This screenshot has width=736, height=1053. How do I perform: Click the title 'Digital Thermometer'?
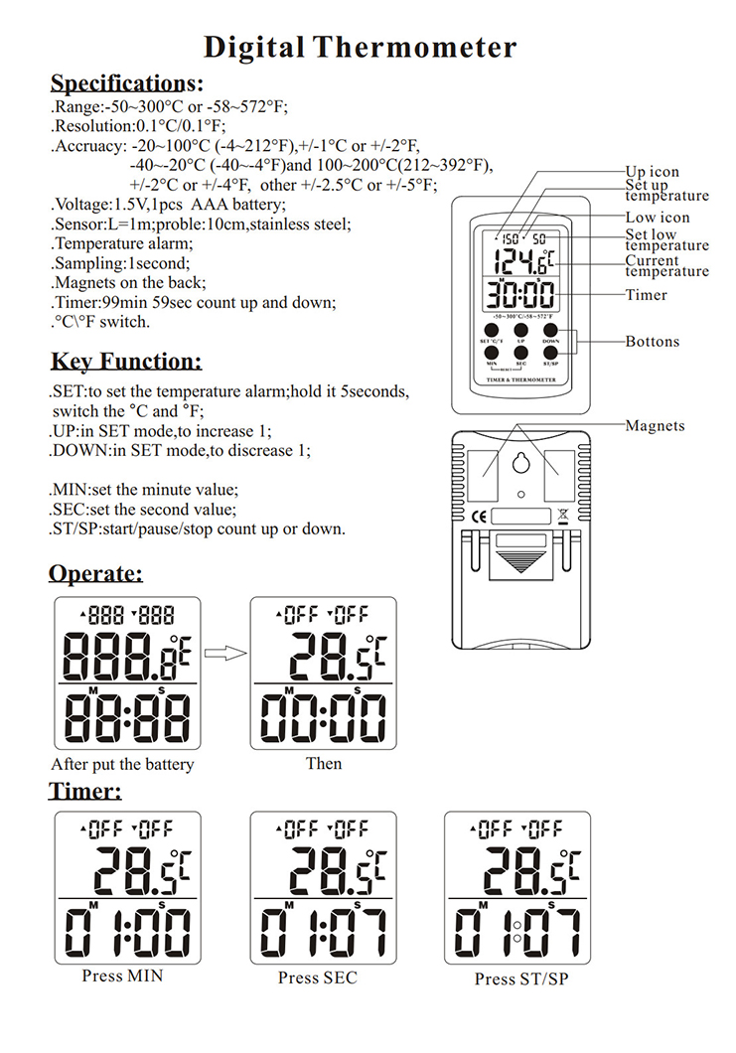360,47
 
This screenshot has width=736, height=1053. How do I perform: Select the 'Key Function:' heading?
125,361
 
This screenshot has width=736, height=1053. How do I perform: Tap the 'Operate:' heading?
95,573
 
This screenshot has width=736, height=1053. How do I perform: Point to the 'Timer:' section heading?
85,791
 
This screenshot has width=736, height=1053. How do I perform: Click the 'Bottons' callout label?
653,342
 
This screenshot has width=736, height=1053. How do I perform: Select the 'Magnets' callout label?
655,425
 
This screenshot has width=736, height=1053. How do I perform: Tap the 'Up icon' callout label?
653,172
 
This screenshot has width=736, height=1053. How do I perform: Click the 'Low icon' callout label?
658,218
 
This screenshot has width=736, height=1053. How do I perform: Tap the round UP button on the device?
521,330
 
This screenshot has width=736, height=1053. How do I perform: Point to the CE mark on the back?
478,515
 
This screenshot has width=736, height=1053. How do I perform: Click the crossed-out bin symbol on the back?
562,514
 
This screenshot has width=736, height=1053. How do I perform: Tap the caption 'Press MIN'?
122,976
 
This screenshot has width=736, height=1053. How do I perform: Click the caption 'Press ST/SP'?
521,978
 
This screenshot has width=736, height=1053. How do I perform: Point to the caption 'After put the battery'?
122,764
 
